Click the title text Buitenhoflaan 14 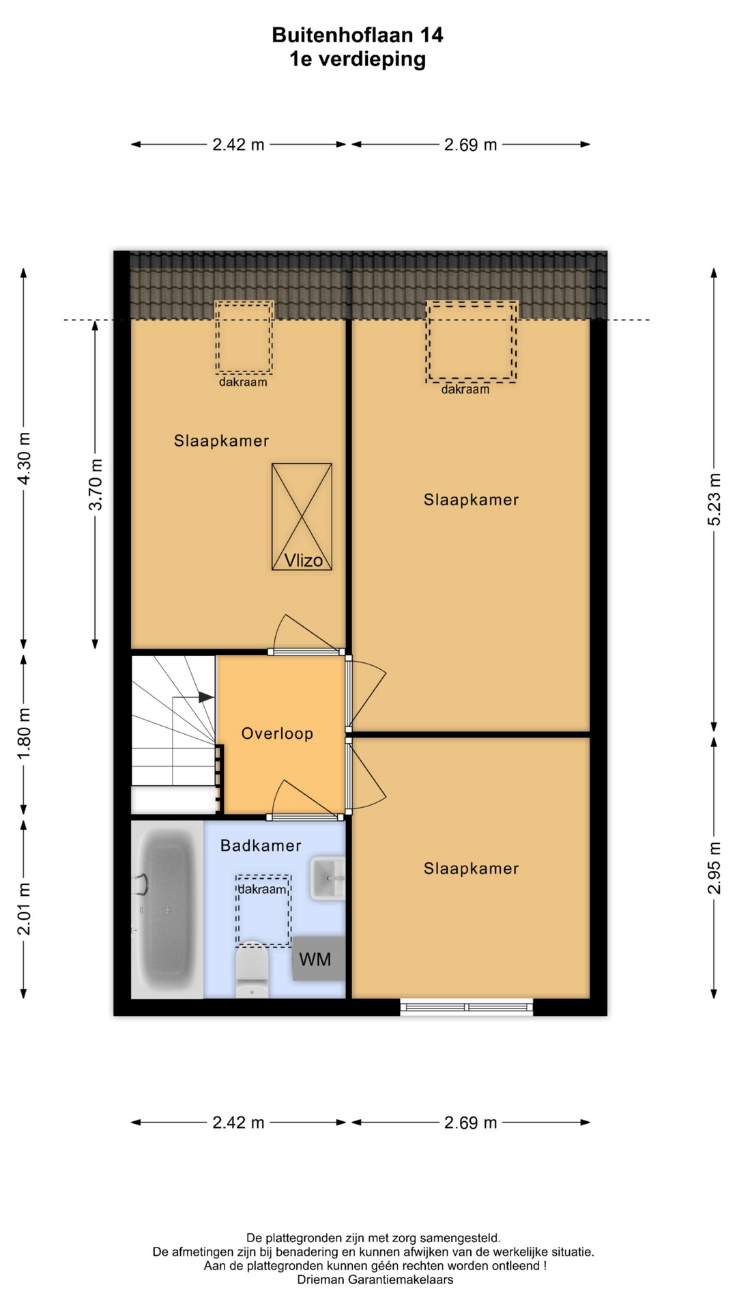pyautogui.click(x=358, y=35)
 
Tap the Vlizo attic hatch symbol pyautogui.click(x=302, y=517)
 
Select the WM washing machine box pyautogui.click(x=319, y=959)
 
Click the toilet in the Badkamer pyautogui.click(x=252, y=970)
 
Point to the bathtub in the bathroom pyautogui.click(x=167, y=910)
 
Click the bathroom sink pyautogui.click(x=328, y=878)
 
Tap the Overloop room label pyautogui.click(x=277, y=733)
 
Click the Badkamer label pyautogui.click(x=261, y=845)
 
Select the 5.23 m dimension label pyautogui.click(x=714, y=499)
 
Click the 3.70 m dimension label pyautogui.click(x=96, y=484)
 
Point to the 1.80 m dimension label pyautogui.click(x=24, y=733)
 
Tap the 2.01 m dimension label pyautogui.click(x=24, y=909)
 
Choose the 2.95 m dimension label pyautogui.click(x=714, y=868)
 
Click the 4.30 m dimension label pyautogui.click(x=24, y=458)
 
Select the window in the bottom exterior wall pyautogui.click(x=466, y=1006)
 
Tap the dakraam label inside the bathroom pyautogui.click(x=262, y=889)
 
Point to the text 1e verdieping pyautogui.click(x=358, y=59)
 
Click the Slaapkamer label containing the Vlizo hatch pyautogui.click(x=221, y=440)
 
